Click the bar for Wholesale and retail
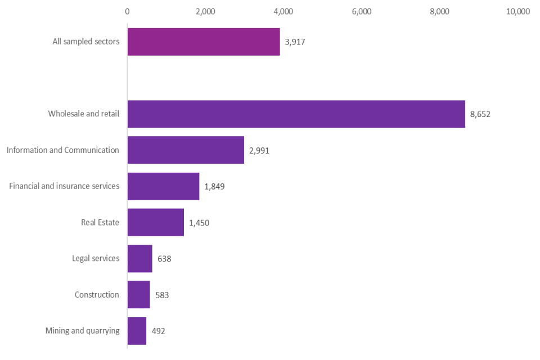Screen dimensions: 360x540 (x=296, y=114)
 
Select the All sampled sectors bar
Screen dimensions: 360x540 (x=204, y=42)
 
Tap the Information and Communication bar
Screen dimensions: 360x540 (x=186, y=150)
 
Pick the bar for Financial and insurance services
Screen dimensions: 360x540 (x=163, y=186)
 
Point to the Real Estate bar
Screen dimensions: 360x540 (x=156, y=222)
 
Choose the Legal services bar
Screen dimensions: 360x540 (x=139, y=259)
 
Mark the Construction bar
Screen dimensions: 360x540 (x=138, y=295)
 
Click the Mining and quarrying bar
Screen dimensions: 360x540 (x=137, y=331)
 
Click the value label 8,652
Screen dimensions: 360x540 (x=480, y=114)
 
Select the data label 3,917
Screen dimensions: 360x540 (x=295, y=42)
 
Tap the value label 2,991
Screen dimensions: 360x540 (x=259, y=150)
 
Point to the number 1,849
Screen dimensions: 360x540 (x=214, y=186)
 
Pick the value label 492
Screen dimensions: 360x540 (x=158, y=331)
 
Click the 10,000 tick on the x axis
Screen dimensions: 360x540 (x=518, y=11)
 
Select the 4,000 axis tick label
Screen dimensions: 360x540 (x=283, y=11)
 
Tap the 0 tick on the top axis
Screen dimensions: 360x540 (x=127, y=11)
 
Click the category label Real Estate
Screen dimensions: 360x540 (x=100, y=222)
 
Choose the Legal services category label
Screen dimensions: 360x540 (x=96, y=259)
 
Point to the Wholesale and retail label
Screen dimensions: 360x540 (x=84, y=114)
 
